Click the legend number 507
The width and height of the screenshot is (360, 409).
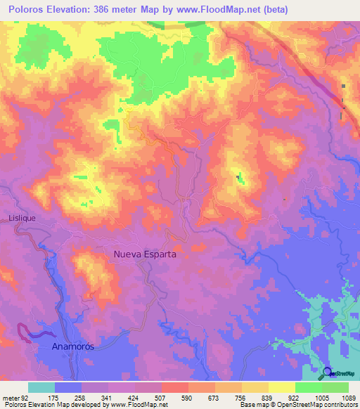point(161,397)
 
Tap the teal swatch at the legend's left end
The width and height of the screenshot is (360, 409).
point(41,387)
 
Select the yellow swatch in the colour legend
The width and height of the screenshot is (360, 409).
point(282,387)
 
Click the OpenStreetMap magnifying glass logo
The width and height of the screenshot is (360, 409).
point(328,372)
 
